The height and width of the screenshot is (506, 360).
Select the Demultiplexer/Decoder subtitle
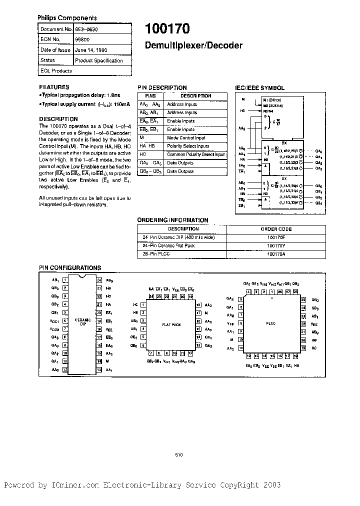click(x=193, y=45)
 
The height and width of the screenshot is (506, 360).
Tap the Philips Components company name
click(x=67, y=17)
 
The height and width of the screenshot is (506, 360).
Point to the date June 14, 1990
click(x=90, y=50)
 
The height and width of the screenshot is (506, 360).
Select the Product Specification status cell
click(x=98, y=60)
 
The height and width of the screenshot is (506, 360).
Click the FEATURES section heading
click(x=54, y=86)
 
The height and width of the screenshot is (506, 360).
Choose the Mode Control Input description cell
click(x=185, y=137)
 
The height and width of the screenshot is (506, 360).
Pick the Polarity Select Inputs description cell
click(x=188, y=146)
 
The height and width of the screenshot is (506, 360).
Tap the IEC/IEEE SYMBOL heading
click(x=259, y=87)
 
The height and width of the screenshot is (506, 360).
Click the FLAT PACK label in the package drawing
click(x=171, y=324)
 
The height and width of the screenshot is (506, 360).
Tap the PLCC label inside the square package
click(x=270, y=323)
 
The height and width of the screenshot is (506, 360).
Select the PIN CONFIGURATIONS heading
click(x=70, y=268)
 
